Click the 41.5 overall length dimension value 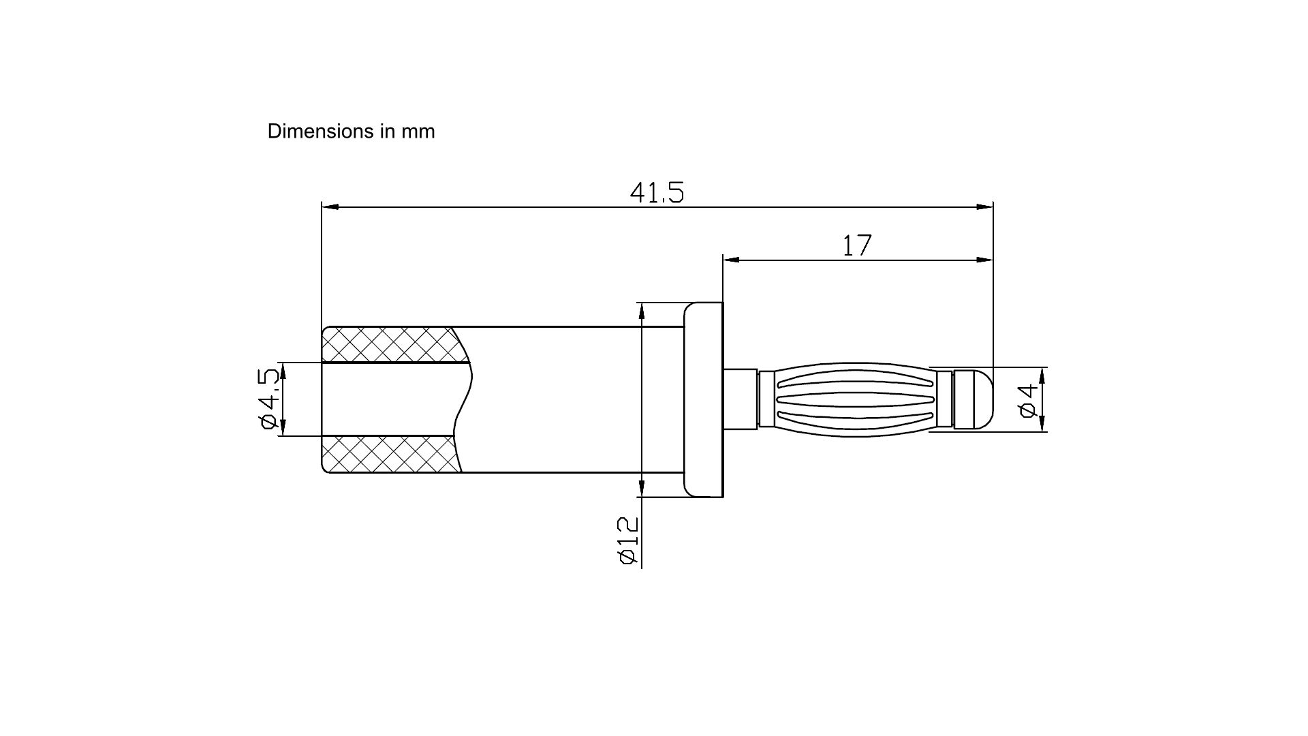[657, 192]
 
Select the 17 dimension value [857, 245]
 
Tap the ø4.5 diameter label [270, 399]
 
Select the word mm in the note [418, 132]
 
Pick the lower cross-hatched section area [391, 454]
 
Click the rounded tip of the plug [974, 399]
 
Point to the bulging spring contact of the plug [856, 399]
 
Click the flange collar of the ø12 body [703, 400]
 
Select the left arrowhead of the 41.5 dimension [330, 206]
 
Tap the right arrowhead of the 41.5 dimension [984, 206]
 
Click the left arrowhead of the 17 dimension [732, 260]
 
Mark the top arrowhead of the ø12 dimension [641, 311]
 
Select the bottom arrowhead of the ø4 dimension [1042, 423]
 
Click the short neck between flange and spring [741, 399]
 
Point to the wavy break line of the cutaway [463, 399]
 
